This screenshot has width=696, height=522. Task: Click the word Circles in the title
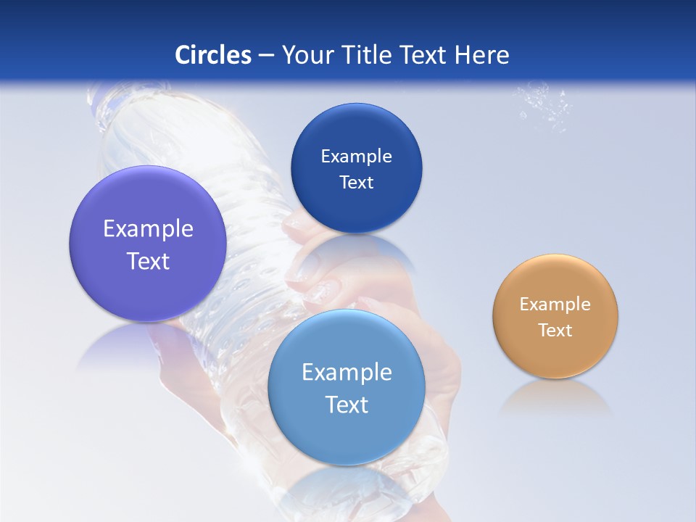(x=213, y=55)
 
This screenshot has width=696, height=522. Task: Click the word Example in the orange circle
(x=555, y=304)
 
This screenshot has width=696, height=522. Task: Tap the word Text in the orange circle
(x=555, y=331)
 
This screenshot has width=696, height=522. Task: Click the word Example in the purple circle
(x=148, y=229)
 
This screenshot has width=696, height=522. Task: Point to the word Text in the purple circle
(x=148, y=261)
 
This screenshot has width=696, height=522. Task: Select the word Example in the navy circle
(x=356, y=157)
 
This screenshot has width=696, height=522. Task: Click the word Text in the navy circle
(x=356, y=183)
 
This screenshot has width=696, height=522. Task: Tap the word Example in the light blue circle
(x=347, y=373)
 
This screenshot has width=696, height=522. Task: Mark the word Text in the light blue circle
(x=347, y=405)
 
